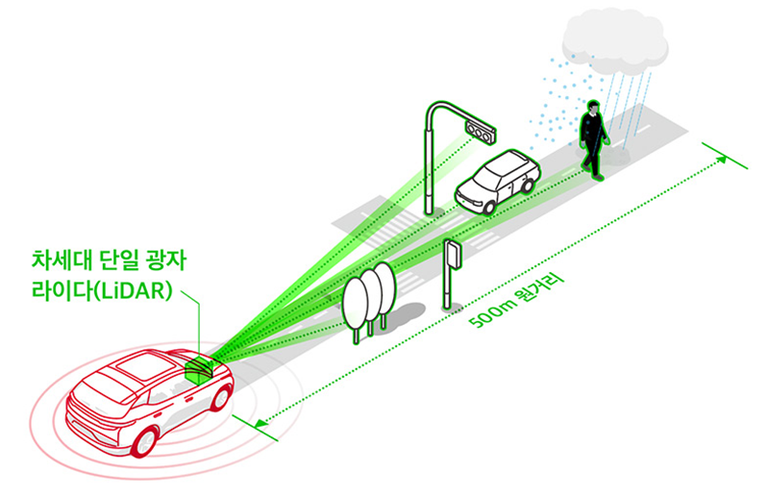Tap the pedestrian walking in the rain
(593, 139)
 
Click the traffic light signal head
(480, 129)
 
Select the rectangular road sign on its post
(452, 255)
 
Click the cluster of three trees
(369, 292)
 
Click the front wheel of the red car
(145, 440)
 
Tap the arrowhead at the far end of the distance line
(722, 161)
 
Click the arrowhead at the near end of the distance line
(261, 421)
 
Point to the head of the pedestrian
(593, 110)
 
